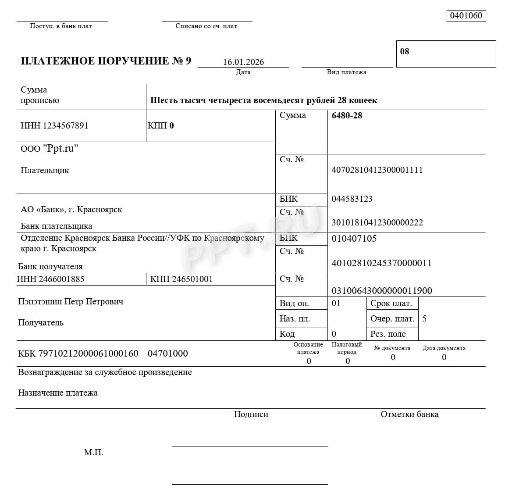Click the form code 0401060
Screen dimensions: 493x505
click(466, 16)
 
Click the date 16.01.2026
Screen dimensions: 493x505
click(243, 62)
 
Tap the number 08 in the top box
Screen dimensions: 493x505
click(405, 51)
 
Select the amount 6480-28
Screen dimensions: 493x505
click(347, 116)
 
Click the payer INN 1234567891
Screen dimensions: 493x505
click(54, 126)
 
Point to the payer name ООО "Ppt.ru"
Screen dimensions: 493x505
click(50, 149)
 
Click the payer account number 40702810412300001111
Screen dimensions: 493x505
click(377, 170)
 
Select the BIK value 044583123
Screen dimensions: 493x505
click(352, 199)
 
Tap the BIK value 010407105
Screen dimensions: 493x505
click(354, 239)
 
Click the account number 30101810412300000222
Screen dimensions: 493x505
click(377, 222)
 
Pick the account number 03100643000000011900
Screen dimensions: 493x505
click(382, 290)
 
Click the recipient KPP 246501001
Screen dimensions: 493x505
click(181, 279)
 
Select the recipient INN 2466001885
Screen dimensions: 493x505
click(51, 279)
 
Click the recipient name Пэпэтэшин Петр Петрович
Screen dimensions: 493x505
click(71, 302)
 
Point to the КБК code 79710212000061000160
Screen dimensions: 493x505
click(78, 354)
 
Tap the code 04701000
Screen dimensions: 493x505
click(168, 354)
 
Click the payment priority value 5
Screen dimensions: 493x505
click(424, 319)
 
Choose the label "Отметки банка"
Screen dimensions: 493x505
click(409, 414)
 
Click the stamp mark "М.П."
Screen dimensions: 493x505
click(94, 453)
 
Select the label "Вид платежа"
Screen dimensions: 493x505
click(346, 72)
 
